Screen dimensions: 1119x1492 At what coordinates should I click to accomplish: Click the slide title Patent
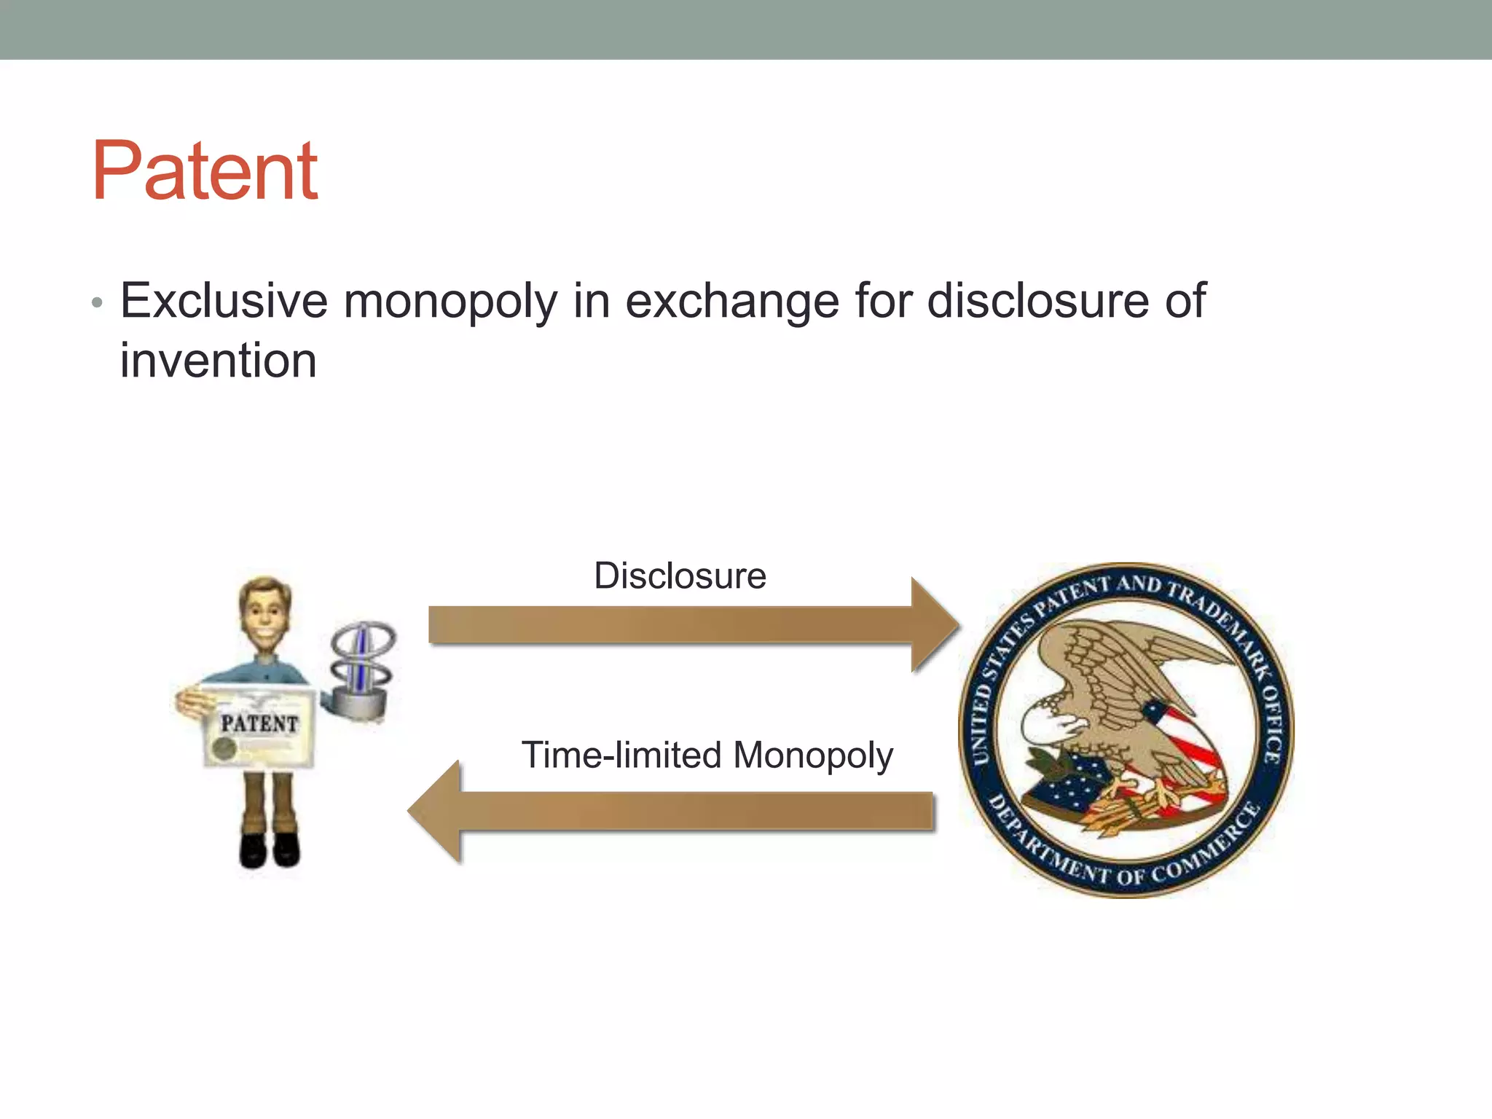[205, 172]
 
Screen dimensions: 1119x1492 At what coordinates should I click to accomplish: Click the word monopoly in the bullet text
[450, 301]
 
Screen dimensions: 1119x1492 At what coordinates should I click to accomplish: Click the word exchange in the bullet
[732, 301]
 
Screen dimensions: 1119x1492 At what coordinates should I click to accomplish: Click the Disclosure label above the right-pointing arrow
[680, 576]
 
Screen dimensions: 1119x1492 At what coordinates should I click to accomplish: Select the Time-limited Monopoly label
[707, 755]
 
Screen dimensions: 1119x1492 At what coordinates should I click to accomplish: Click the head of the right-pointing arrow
[935, 625]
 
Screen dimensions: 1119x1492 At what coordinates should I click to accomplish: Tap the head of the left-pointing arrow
[436, 811]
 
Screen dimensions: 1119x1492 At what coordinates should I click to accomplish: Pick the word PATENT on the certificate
[259, 723]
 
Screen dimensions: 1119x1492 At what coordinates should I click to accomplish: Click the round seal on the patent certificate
[224, 747]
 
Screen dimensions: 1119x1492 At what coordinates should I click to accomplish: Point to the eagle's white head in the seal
[1048, 723]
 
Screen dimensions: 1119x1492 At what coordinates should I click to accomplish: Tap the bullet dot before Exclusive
[97, 302]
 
